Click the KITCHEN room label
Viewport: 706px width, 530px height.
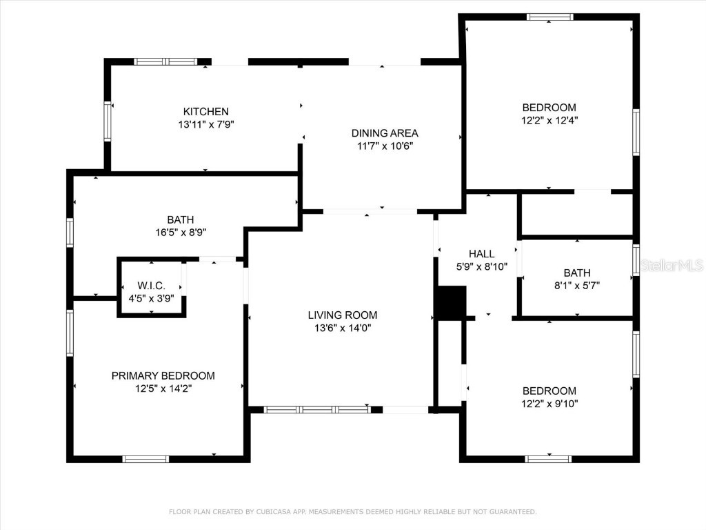[x=205, y=112]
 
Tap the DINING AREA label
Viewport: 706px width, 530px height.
[x=385, y=133]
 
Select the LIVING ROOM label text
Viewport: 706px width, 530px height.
[x=343, y=315]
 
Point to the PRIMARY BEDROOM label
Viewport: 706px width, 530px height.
[x=163, y=376]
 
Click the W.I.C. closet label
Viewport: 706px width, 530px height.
[x=151, y=286]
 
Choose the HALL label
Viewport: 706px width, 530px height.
[x=481, y=254]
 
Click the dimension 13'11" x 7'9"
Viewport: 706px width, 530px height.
[x=205, y=125]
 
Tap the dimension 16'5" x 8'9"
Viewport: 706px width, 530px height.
[x=180, y=233]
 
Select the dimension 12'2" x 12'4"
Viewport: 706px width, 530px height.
[x=549, y=120]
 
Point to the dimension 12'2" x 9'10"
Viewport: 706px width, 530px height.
[x=549, y=403]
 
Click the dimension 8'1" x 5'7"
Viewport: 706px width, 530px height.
[x=576, y=286]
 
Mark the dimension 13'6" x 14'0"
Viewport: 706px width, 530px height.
[x=343, y=328]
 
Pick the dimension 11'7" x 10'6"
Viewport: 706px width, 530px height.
[x=385, y=146]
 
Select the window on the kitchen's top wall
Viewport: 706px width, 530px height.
[x=165, y=61]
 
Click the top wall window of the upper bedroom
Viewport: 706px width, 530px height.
[x=549, y=17]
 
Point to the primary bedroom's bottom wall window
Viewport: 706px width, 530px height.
[x=145, y=459]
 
